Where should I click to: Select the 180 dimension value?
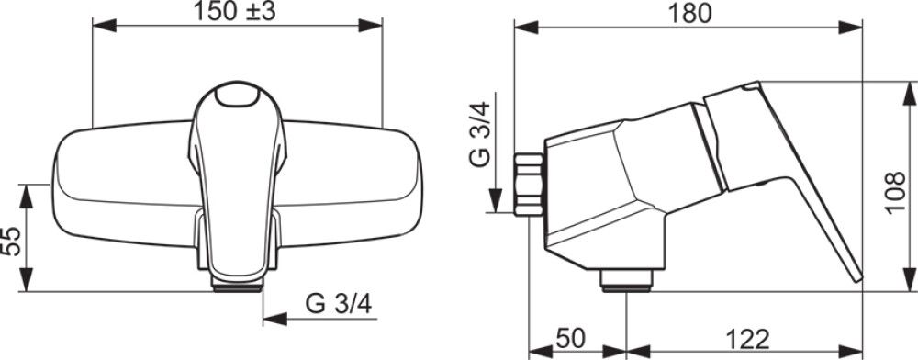click(x=688, y=14)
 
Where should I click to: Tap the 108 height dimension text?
click(x=895, y=193)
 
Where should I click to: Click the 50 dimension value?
click(x=570, y=338)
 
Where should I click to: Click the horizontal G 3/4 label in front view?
click(x=339, y=304)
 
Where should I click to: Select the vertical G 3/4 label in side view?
click(x=481, y=135)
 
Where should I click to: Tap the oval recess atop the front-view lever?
click(x=237, y=96)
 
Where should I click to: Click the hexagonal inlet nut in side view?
click(x=530, y=185)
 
